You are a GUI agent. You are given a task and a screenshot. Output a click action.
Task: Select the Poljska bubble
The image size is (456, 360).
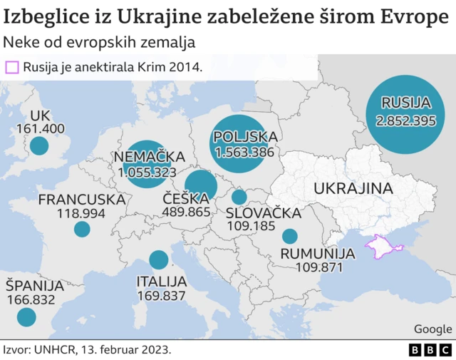[244, 143]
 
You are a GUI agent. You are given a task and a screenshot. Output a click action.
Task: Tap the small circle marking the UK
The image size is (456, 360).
[38, 147]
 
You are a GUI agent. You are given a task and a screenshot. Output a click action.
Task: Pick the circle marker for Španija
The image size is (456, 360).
[26, 317]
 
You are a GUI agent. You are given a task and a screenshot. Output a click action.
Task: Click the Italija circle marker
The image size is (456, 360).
[158, 261]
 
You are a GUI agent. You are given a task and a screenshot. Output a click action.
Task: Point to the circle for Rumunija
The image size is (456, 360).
[289, 236]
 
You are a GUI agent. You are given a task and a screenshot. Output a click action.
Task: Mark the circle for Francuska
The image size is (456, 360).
[82, 229]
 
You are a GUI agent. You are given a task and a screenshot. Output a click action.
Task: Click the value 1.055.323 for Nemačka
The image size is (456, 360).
[147, 172]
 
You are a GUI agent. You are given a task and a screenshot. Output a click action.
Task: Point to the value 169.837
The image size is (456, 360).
[161, 295]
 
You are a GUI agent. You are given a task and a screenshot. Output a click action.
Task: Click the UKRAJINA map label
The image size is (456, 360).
[354, 189]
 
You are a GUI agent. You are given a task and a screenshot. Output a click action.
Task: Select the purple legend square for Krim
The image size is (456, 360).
[12, 68]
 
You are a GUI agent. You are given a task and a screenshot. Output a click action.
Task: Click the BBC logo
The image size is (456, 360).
[430, 350]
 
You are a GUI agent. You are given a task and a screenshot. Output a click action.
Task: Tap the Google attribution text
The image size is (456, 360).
[432, 329]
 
